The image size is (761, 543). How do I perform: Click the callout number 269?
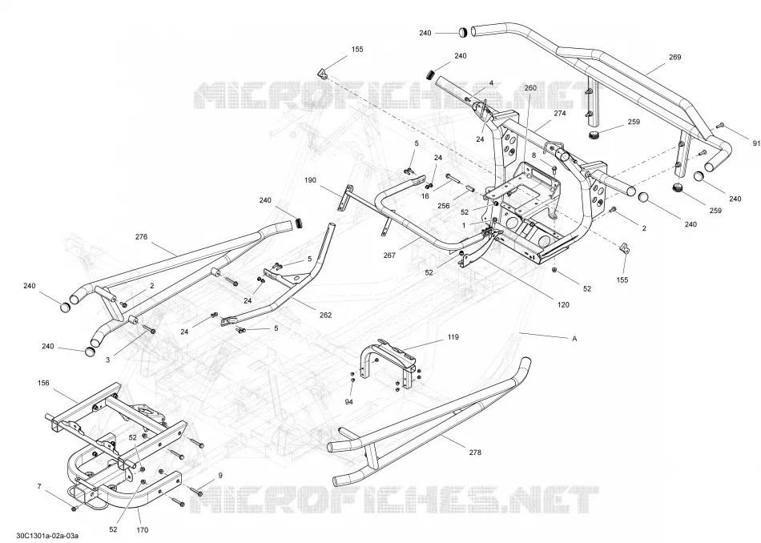coord(674,57)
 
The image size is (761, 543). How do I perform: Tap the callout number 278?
coord(475,452)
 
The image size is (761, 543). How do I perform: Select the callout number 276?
coord(141,237)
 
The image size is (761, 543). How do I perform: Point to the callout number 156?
coord(43,383)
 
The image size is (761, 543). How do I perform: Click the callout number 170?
coord(143,530)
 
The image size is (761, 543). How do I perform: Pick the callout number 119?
coord(453,336)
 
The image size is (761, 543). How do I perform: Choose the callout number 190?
coord(310,180)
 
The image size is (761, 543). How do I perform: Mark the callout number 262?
coord(326,315)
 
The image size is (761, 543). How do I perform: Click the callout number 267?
coord(389,255)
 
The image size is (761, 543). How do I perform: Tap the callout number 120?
coord(563,305)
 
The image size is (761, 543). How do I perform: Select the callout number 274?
coord(560,113)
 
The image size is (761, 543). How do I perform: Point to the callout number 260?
coord(530,88)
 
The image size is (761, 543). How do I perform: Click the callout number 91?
coord(756,143)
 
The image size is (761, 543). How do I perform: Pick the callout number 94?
coord(349,402)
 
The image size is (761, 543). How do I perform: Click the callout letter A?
coord(574,339)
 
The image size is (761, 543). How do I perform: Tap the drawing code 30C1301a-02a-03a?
coord(47,535)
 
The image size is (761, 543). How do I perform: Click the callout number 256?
coord(444,206)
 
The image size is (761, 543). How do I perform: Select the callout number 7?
coord(39,486)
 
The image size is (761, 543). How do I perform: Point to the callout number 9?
coord(220,476)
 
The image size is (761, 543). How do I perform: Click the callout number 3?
coord(108,360)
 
